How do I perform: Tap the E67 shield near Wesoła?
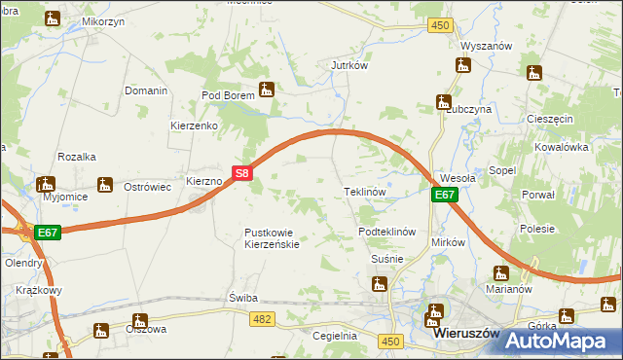click(445, 196)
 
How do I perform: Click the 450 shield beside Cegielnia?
click(391, 341)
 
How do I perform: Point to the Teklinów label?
click(366, 192)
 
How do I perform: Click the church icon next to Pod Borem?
click(267, 91)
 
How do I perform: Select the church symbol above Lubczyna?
click(444, 101)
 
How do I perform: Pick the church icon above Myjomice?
click(45, 183)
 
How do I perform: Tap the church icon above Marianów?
click(501, 273)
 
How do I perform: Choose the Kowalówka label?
click(563, 147)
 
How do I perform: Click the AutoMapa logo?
click(563, 341)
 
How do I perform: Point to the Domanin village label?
click(146, 90)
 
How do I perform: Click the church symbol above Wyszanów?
click(463, 65)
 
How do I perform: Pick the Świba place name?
click(242, 297)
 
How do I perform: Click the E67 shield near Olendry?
click(48, 233)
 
